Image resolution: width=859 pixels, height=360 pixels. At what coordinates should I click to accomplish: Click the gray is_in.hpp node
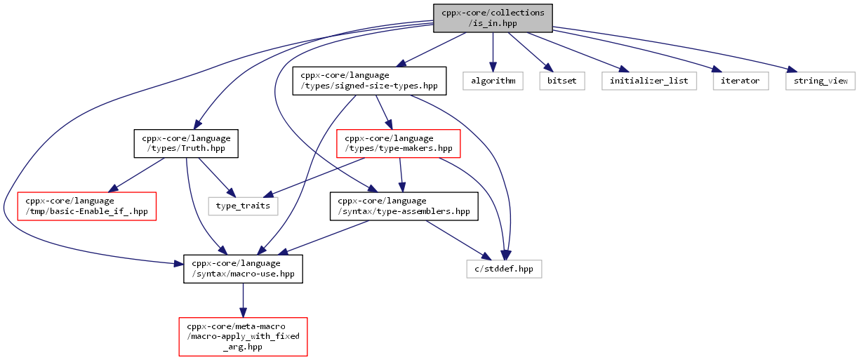tap(493, 18)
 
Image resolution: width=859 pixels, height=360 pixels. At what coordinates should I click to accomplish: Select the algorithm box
tap(493, 81)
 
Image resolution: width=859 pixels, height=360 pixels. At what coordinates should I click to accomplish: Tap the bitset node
tap(562, 81)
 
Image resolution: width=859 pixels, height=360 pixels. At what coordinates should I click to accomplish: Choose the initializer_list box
tap(649, 81)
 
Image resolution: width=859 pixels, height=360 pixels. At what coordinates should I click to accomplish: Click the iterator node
tap(740, 81)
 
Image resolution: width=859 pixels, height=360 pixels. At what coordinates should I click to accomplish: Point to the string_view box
tap(820, 81)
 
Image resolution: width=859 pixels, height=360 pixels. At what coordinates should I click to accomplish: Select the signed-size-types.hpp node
tap(369, 81)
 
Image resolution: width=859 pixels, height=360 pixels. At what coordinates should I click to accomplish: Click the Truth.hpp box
tap(186, 143)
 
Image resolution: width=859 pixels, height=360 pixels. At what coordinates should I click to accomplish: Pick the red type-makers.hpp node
tap(399, 143)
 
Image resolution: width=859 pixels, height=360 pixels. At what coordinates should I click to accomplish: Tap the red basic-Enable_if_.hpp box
tap(87, 206)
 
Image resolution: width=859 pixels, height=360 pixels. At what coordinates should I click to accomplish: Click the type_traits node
tap(243, 206)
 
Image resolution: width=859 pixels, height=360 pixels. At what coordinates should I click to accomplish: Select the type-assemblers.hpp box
tap(404, 206)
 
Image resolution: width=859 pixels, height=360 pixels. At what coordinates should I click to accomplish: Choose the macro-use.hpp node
tap(243, 269)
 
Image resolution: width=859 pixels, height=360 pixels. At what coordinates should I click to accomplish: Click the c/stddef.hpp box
tap(505, 269)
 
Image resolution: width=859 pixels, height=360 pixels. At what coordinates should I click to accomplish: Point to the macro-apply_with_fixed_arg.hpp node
tap(243, 337)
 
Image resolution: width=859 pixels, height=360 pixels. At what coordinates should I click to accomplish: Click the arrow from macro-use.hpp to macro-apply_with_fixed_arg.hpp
tap(243, 300)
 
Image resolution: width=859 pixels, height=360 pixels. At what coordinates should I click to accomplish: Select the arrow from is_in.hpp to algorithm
tap(493, 52)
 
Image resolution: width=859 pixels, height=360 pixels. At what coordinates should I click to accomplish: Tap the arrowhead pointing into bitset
tap(549, 67)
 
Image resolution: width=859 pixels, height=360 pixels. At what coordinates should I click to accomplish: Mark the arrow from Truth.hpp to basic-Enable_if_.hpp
tap(136, 175)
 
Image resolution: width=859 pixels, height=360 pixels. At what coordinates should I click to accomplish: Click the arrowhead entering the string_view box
tap(792, 69)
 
